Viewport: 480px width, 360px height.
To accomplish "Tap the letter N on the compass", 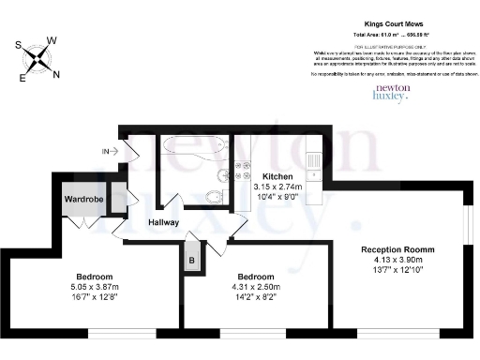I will [x=56, y=75].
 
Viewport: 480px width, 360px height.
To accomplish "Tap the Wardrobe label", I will [x=82, y=199].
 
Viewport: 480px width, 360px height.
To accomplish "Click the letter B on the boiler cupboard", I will [x=192, y=260].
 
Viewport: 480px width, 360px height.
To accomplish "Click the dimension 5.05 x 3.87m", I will [x=95, y=288].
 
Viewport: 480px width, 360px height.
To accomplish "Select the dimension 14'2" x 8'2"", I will [x=255, y=299].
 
